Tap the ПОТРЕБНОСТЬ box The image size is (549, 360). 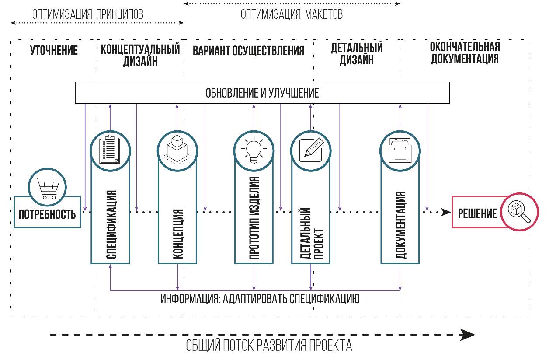pos(47,214)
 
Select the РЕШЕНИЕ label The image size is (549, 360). pos(477,213)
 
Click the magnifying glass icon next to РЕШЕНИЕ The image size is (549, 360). pos(520,211)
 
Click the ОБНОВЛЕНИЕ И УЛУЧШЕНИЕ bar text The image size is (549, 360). pos(262,93)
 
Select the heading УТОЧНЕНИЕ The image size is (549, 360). pos(54,51)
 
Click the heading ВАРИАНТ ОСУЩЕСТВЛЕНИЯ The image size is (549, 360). pos(248,51)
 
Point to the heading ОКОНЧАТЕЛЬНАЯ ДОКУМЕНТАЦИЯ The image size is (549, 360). pos(465,53)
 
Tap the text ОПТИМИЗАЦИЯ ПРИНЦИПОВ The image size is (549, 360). pos(87,14)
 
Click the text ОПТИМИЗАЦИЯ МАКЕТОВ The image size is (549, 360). pos(292,14)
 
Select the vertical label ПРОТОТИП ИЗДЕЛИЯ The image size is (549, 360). pos(254,219)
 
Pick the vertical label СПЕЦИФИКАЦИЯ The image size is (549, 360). pos(111,224)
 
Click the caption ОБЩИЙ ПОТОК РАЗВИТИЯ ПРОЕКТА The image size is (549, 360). pos(269,346)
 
